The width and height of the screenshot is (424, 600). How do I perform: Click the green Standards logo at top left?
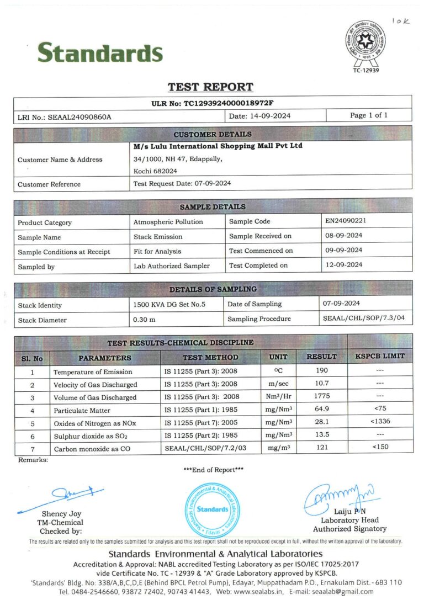[x=100, y=52]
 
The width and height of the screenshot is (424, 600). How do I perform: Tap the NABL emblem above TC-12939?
[x=365, y=40]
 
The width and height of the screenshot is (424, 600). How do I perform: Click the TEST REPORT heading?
[x=210, y=87]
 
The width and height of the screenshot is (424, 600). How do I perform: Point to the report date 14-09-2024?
[x=259, y=116]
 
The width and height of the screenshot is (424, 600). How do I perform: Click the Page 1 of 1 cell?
[x=368, y=115]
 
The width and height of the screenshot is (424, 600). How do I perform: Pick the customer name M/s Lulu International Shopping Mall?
[x=218, y=146]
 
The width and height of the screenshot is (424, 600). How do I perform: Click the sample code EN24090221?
[x=346, y=221]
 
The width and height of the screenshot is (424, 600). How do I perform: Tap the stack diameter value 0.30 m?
[x=144, y=320]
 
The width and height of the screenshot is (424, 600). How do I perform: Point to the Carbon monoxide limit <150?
[x=380, y=447]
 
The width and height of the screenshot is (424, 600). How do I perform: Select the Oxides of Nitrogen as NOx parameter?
[x=94, y=423]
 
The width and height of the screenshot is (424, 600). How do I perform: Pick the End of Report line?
[x=213, y=470]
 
